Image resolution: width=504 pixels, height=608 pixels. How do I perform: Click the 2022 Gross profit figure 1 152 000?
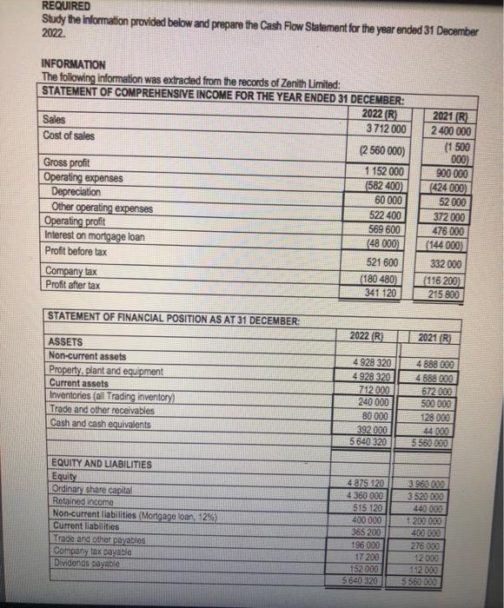pyautogui.click(x=383, y=171)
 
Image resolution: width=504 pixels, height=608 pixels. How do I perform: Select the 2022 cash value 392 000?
pyautogui.click(x=372, y=428)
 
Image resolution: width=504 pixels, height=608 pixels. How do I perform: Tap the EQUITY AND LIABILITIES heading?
pyautogui.click(x=100, y=465)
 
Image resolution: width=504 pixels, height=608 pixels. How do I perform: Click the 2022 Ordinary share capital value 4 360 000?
pyautogui.click(x=369, y=496)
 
